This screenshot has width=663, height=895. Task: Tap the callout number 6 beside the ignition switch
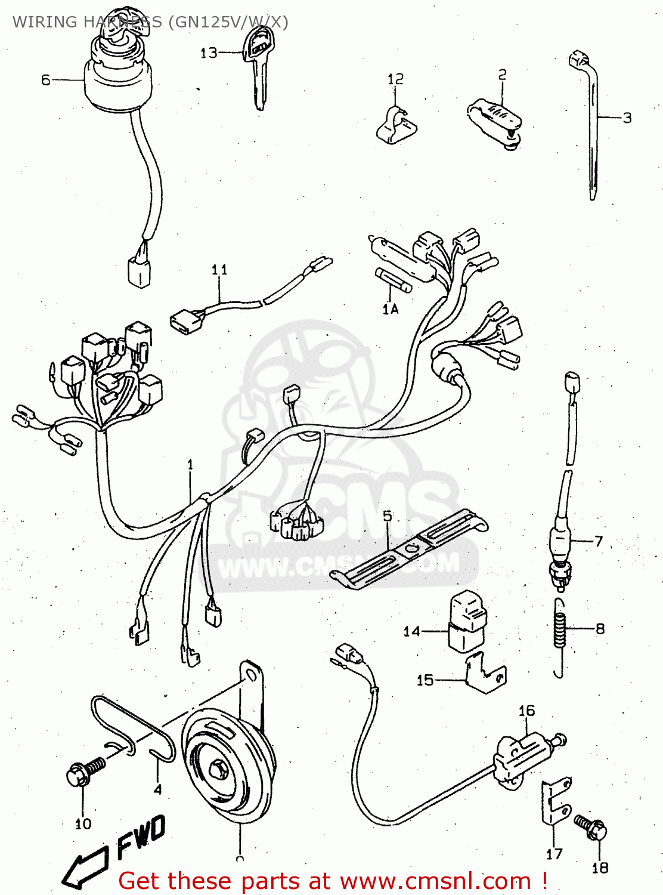click(46, 80)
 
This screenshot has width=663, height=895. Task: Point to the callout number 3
click(627, 118)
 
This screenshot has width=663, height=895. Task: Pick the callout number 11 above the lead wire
click(219, 270)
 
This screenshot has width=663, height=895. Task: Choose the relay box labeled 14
click(467, 621)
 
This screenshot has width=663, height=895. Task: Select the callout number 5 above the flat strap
click(388, 516)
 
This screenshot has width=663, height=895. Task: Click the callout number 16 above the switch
click(526, 711)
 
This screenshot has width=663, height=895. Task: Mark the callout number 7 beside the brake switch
click(599, 541)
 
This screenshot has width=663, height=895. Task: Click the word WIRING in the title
click(45, 22)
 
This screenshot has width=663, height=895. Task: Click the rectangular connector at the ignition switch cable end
click(138, 273)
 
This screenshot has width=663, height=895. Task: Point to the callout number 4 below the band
click(157, 789)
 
